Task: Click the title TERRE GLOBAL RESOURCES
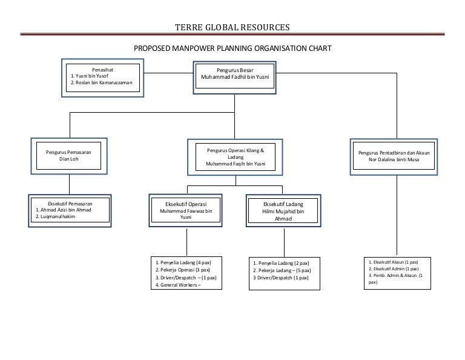pos(232,28)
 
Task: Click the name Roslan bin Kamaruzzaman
pos(104,83)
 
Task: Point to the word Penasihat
pos(102,70)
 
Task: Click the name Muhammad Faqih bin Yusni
pos(236,164)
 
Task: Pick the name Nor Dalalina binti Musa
pos(394,160)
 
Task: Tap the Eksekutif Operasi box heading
pos(186,204)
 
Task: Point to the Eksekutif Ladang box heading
pos(283,204)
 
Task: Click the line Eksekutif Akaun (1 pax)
pos(393,262)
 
